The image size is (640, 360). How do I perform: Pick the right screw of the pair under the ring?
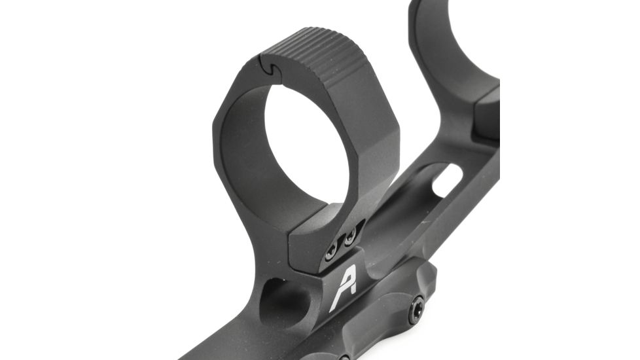tap(351, 233)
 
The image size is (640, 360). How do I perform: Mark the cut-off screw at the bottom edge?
tap(344, 357)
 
